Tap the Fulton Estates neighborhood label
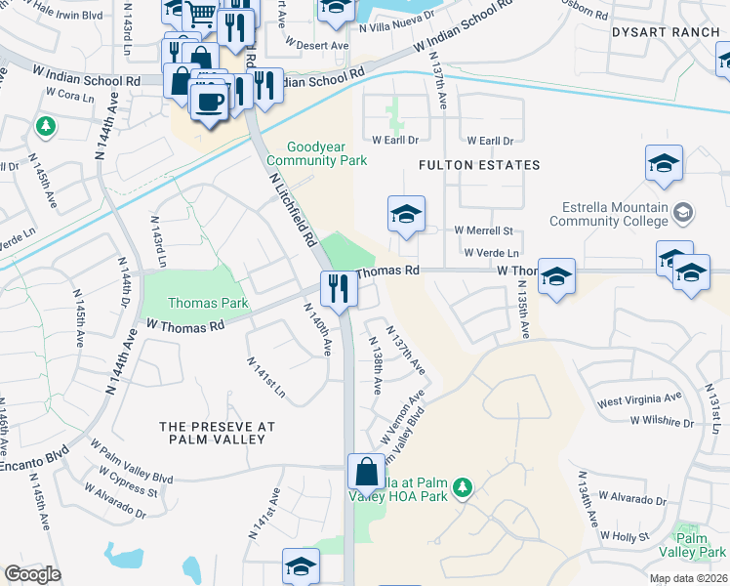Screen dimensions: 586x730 (x=479, y=165)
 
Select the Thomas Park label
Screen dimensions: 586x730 (x=208, y=304)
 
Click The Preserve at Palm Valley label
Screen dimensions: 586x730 (x=217, y=433)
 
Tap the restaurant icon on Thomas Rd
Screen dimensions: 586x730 (x=339, y=288)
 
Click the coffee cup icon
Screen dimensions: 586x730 (x=210, y=101)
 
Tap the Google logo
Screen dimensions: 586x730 (x=32, y=573)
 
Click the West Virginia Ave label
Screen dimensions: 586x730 (x=639, y=399)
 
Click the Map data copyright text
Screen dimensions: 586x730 (x=688, y=578)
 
